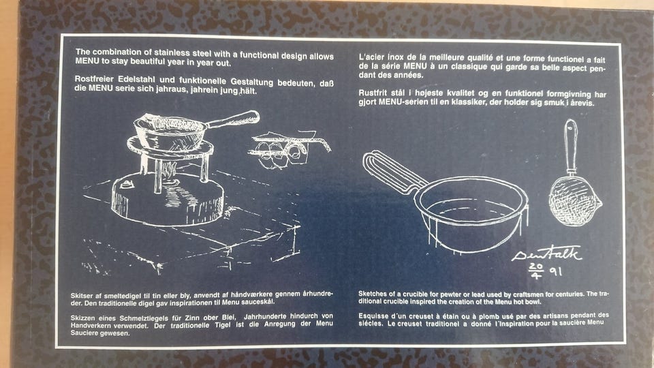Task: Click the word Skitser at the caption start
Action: pos(80,295)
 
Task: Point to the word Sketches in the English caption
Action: pos(370,294)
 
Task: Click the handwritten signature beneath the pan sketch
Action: pos(546,254)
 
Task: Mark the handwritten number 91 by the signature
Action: pos(556,272)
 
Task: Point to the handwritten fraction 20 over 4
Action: pos(536,271)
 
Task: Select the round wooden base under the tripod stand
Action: pos(168,200)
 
